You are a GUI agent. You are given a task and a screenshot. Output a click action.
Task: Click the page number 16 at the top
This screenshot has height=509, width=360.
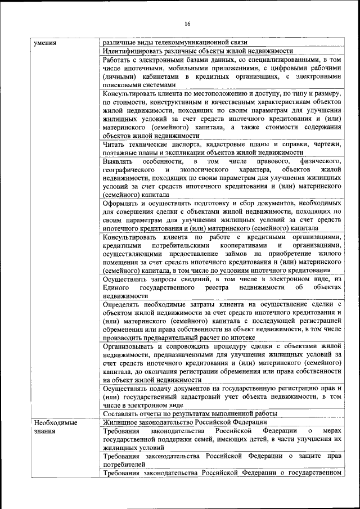click(x=187, y=23)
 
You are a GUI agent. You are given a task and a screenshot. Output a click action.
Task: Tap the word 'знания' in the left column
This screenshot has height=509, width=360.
click(x=44, y=431)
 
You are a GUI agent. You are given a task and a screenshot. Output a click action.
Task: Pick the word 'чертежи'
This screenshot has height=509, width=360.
click(x=327, y=145)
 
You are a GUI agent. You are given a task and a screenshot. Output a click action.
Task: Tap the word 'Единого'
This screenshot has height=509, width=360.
click(x=116, y=288)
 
